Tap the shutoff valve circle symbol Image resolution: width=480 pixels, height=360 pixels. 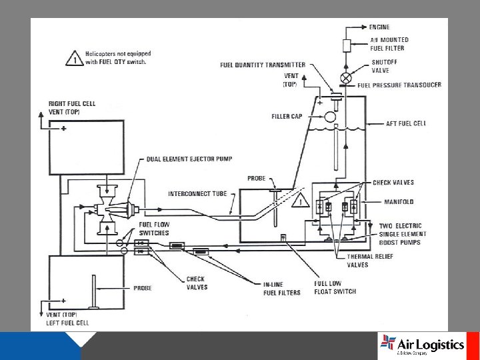[x=346, y=67]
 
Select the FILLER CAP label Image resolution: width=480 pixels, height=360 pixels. [x=287, y=116]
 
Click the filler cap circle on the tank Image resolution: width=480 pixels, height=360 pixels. [x=330, y=117]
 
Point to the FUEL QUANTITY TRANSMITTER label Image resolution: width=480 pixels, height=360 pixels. [x=263, y=65]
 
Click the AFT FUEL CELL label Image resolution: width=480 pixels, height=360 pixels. [x=406, y=123]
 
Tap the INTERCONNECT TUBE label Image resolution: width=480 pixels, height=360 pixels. [x=197, y=193]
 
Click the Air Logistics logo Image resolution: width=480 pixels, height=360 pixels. [x=421, y=345]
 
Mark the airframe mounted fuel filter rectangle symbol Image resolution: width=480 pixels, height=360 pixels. [x=346, y=45]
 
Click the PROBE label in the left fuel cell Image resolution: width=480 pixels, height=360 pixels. [x=141, y=288]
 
